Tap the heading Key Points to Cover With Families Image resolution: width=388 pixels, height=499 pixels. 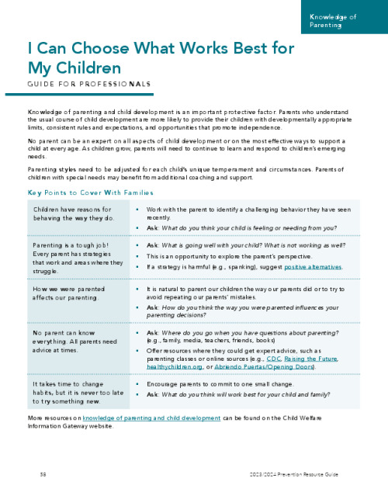(x=90, y=192)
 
